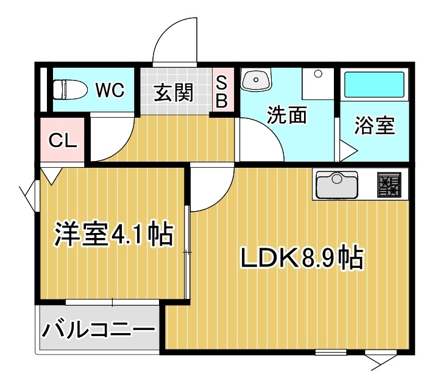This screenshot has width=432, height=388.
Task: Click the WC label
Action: pos(110,90)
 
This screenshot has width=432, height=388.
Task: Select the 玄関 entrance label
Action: pos(173,93)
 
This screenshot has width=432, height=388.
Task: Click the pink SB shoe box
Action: pos(221,92)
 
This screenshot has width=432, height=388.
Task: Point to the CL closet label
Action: pos(63,141)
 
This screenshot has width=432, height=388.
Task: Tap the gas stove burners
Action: pos(389,184)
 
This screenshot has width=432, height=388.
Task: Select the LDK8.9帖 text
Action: pos(300,259)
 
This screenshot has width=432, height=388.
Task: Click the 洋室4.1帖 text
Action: pos(113,234)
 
